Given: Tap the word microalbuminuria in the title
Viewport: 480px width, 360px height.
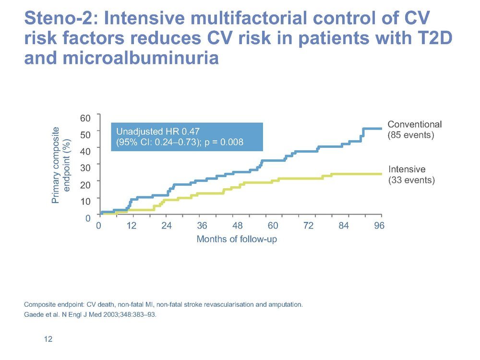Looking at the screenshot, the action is click(x=141, y=58).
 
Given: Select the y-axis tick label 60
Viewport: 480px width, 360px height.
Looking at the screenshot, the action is click(x=85, y=118).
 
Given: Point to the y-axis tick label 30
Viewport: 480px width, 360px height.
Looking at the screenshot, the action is click(x=85, y=168).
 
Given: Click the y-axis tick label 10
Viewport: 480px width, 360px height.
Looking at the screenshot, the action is click(x=85, y=201).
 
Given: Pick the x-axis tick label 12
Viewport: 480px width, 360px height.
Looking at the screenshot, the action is click(x=132, y=226).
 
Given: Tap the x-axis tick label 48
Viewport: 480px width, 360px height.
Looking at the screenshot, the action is click(x=237, y=226).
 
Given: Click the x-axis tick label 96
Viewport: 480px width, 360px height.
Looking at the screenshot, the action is click(x=379, y=226).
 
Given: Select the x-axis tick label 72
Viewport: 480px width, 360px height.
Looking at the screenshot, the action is click(x=308, y=226).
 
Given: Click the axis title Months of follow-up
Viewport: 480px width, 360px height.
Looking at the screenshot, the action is click(x=237, y=239).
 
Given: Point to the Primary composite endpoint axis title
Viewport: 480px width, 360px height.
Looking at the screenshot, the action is click(x=61, y=165).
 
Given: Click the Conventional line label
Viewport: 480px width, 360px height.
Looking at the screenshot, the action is click(x=415, y=124).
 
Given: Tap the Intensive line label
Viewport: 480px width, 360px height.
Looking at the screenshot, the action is click(x=407, y=169).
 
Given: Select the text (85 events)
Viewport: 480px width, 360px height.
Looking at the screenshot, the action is click(x=411, y=135).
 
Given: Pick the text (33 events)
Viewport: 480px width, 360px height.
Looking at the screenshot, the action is click(x=411, y=180).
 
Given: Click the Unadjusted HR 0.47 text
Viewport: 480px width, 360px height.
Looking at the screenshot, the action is click(x=158, y=132).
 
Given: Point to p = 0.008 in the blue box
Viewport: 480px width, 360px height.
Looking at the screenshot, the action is click(x=224, y=142).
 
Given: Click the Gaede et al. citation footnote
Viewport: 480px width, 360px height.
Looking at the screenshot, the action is click(x=90, y=315).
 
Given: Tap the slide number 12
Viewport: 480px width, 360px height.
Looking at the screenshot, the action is click(x=48, y=339).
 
